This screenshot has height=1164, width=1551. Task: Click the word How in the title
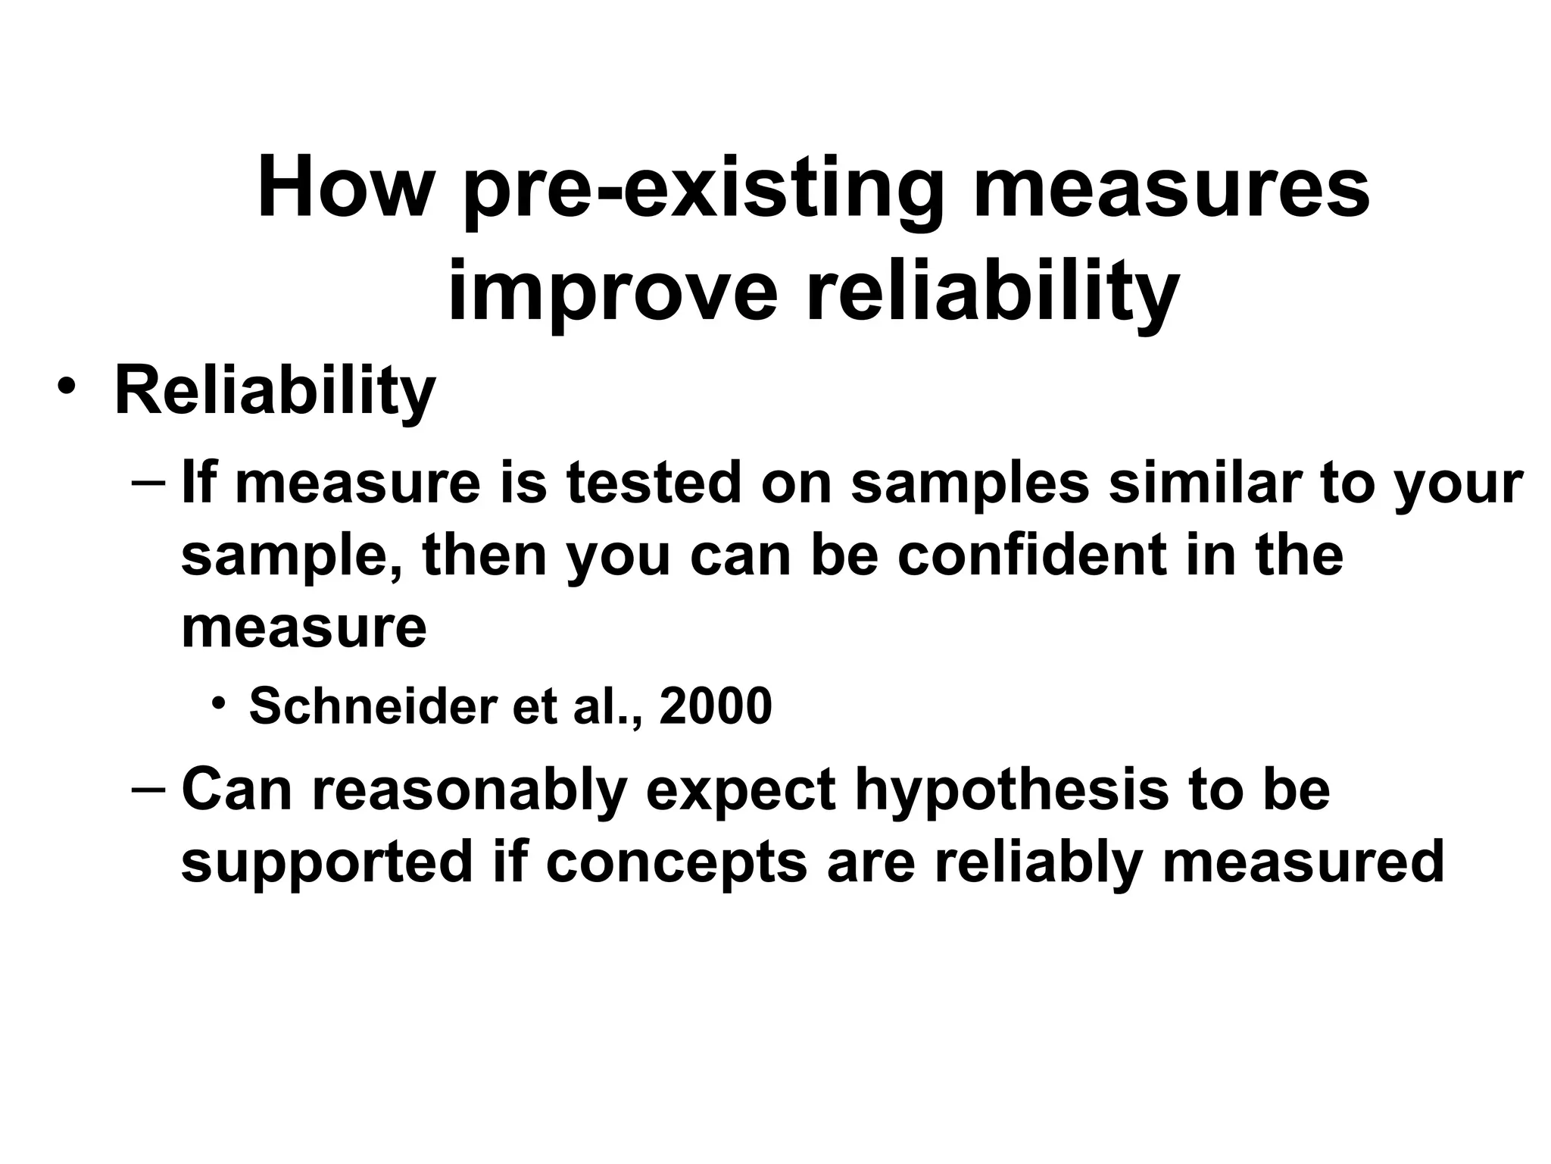(x=343, y=187)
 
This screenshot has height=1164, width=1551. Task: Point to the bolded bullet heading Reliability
(x=275, y=392)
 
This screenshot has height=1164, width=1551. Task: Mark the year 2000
(x=716, y=706)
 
